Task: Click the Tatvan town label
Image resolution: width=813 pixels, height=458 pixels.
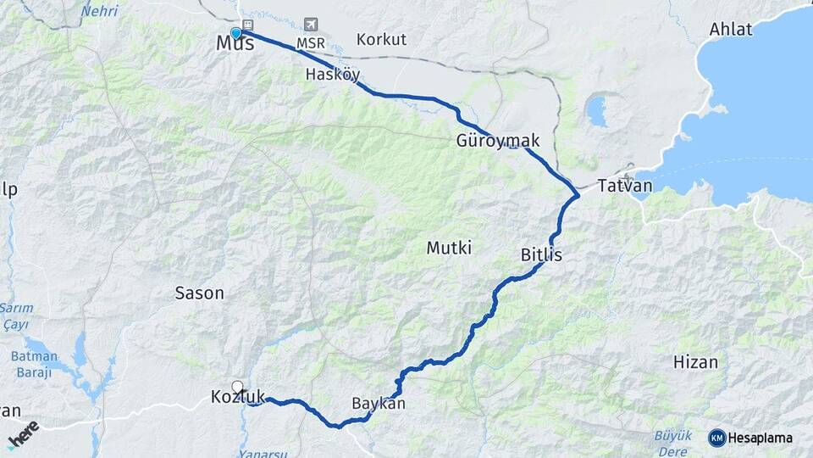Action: point(624,186)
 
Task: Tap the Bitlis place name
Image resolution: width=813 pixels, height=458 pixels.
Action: point(541,254)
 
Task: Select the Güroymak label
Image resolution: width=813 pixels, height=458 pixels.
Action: point(498,141)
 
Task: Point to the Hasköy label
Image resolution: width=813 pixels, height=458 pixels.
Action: point(333,74)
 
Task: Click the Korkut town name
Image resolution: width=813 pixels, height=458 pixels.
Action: point(381,39)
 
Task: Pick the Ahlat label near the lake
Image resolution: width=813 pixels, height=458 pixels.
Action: point(731,30)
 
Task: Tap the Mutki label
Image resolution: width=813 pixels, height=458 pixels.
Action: point(449,248)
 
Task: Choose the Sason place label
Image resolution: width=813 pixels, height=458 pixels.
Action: point(199,293)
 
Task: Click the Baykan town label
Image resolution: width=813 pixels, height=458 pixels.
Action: point(379,404)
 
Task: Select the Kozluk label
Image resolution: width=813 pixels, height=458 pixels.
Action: point(238,397)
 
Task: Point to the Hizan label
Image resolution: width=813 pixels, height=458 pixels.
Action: point(695,362)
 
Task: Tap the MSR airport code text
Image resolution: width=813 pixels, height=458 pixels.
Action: point(311,42)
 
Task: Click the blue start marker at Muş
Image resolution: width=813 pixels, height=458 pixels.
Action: point(236,33)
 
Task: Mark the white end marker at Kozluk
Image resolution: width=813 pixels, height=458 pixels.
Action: point(237,387)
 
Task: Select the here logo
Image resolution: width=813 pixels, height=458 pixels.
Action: point(23,435)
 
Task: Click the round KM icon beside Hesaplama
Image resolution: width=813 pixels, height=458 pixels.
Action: point(716,438)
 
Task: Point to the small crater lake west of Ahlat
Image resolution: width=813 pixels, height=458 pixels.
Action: point(597,111)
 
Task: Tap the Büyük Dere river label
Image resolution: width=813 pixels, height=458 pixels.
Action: point(672,443)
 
